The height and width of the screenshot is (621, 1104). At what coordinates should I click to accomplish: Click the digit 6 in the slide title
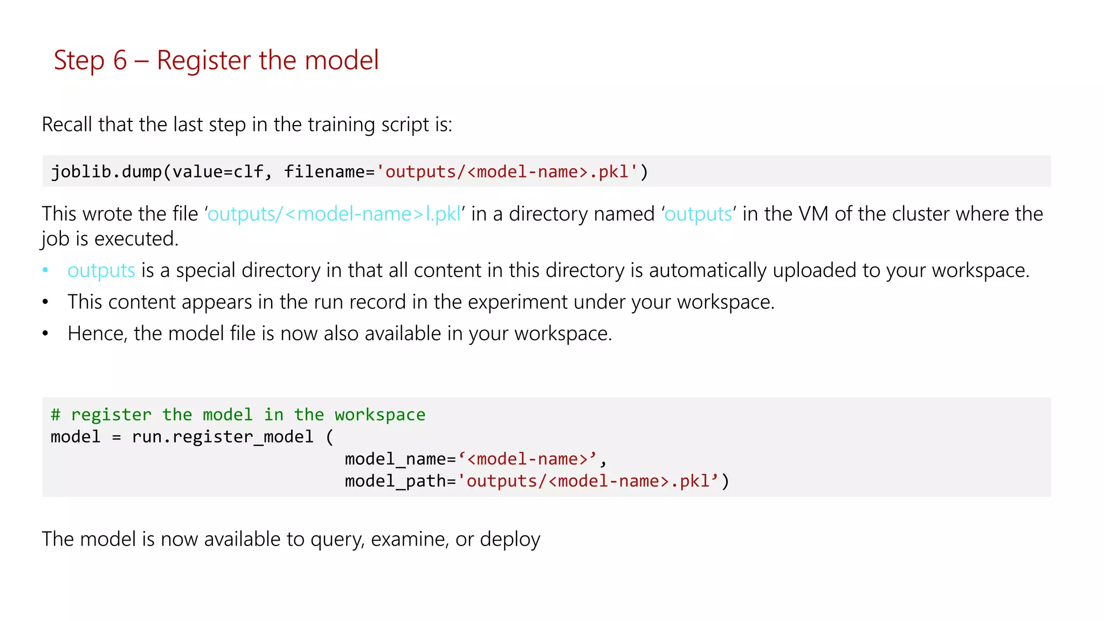[x=120, y=60]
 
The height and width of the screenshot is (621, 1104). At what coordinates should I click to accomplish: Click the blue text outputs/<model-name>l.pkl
[x=334, y=214]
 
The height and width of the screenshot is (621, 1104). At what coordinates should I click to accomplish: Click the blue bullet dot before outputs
[x=46, y=270]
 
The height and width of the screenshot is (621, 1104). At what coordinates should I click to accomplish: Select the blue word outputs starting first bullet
[x=101, y=271]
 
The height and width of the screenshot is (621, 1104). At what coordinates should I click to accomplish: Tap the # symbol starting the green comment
[x=56, y=415]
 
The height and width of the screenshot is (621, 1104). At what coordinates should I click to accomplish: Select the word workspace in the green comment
[x=379, y=415]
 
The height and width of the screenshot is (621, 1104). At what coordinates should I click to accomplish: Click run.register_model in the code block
[x=223, y=437]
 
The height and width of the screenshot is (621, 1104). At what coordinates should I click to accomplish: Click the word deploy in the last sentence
[x=509, y=540]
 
